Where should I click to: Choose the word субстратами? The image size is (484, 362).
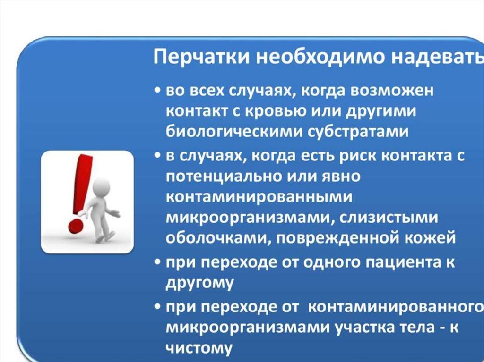[x=358, y=132]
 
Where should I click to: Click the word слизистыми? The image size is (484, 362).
[x=389, y=218]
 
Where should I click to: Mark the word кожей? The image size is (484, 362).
[x=430, y=238]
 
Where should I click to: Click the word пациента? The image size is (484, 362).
[x=401, y=262]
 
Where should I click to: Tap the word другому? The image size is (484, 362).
[x=200, y=283]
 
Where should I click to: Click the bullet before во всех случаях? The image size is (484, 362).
[x=158, y=91]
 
